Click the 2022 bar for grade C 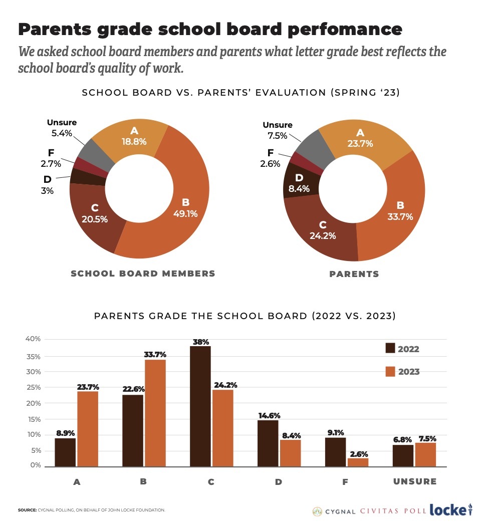[x=200, y=406]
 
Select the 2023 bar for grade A [x=87, y=429]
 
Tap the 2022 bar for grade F [x=335, y=452]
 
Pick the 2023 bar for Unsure [x=425, y=454]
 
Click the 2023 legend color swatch [x=391, y=371]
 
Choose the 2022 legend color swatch [x=391, y=349]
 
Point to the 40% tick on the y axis [x=33, y=339]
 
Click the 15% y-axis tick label [x=34, y=419]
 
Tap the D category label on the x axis [x=279, y=482]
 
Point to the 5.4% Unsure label [x=62, y=133]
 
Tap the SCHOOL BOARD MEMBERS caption [x=143, y=274]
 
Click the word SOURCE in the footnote [x=27, y=510]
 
